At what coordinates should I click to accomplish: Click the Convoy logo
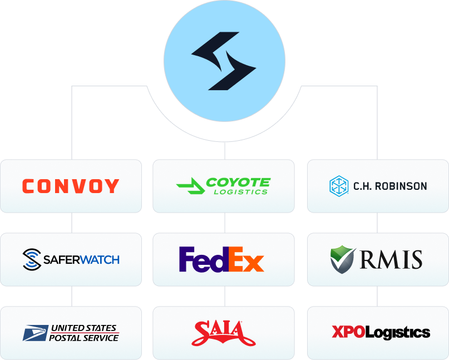[x=71, y=186]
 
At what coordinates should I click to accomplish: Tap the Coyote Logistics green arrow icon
[x=189, y=186]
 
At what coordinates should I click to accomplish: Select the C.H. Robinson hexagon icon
[x=338, y=186]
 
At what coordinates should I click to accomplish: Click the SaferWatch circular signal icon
[x=32, y=259]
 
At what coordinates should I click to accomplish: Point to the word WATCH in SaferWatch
[x=99, y=259]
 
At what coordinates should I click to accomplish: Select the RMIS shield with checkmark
[x=343, y=259]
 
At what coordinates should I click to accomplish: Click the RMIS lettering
[x=391, y=259]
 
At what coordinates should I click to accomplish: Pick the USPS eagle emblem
[x=34, y=333]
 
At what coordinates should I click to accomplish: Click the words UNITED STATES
[x=84, y=329]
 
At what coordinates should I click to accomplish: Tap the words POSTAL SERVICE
[x=84, y=338]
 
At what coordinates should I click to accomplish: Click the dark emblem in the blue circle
[x=224, y=61]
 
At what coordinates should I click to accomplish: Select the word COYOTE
[x=238, y=183]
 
